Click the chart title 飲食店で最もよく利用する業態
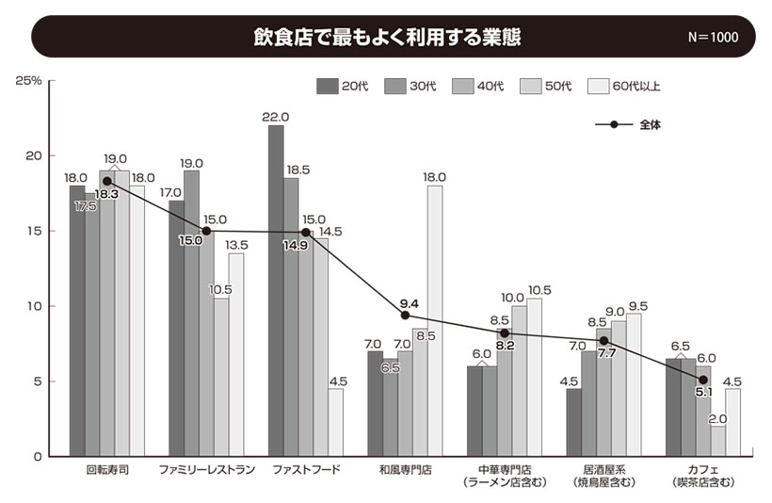tap(386, 37)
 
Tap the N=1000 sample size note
tap(713, 38)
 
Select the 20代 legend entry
tap(342, 87)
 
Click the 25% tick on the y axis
tap(29, 80)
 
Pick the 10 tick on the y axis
tap(35, 306)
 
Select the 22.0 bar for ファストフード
tap(276, 292)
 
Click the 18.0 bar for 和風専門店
tap(435, 320)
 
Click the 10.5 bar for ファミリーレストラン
tap(221, 377)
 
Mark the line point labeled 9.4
tap(405, 315)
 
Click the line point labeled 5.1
tap(703, 380)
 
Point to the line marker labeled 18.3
tap(107, 181)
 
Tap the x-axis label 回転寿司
tap(106, 469)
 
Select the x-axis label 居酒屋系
tap(603, 469)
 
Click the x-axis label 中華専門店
tap(505, 469)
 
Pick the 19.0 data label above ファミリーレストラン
tap(191, 162)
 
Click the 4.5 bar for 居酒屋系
tap(574, 422)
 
